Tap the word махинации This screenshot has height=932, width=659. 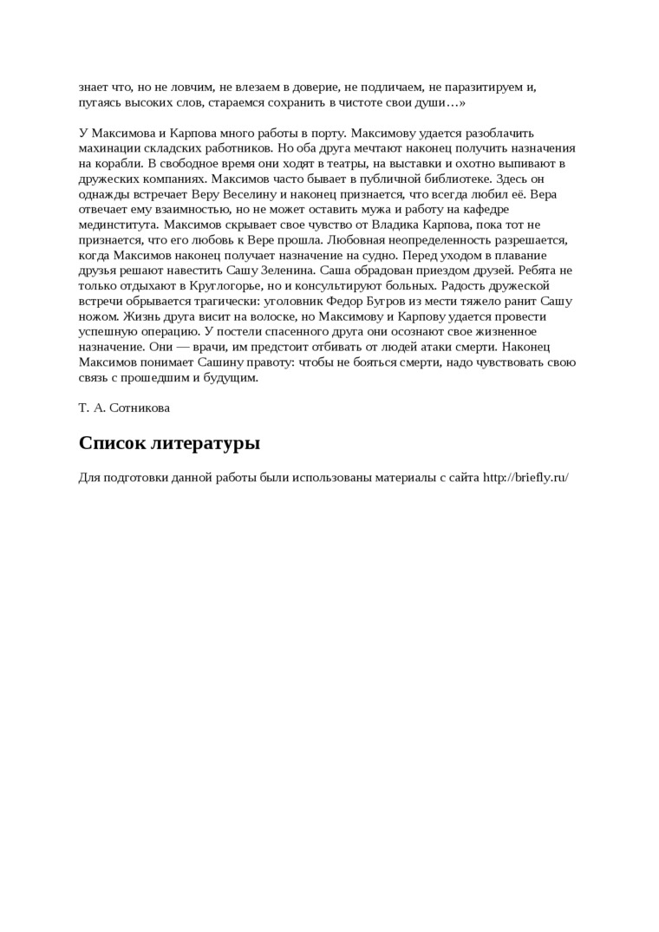pyautogui.click(x=109, y=148)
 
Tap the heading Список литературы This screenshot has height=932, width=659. pyautogui.click(x=169, y=444)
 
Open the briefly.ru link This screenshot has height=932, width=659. pyautogui.click(x=525, y=478)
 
